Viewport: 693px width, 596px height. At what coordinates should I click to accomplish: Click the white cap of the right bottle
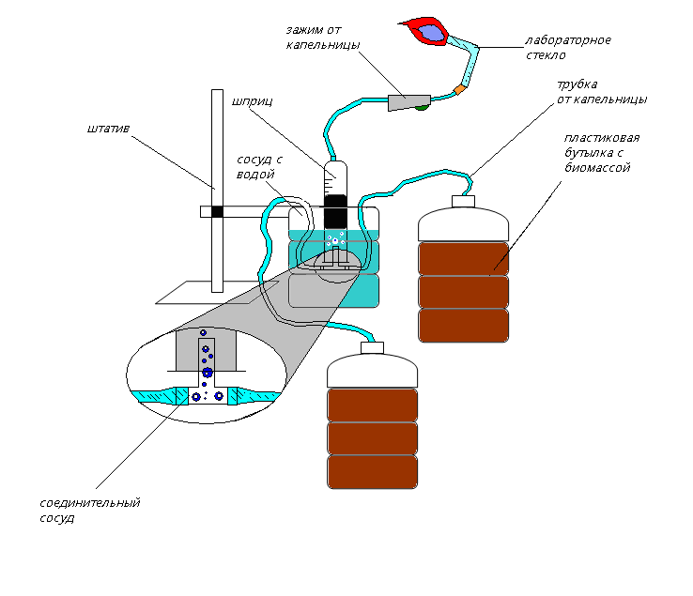(x=463, y=200)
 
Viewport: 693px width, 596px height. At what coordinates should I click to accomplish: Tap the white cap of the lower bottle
(x=372, y=347)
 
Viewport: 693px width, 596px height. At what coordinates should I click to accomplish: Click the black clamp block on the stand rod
(x=218, y=211)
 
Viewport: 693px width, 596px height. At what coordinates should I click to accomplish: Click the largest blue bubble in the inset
(x=207, y=373)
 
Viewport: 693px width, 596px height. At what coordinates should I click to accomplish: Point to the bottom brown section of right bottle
(x=463, y=325)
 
